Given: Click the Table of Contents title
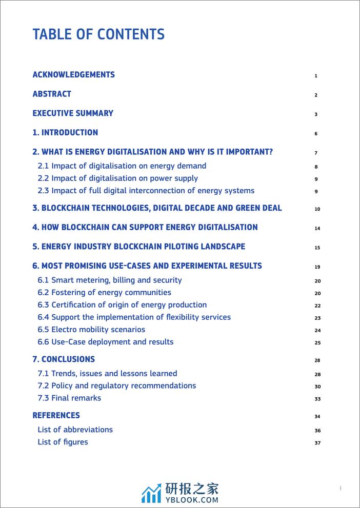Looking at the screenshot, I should pyautogui.click(x=98, y=34).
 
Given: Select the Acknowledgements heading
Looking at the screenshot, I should pyautogui.click(x=73, y=75).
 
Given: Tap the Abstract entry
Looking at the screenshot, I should pyautogui.click(x=52, y=94).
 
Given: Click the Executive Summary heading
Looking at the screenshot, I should pyautogui.click(x=73, y=113).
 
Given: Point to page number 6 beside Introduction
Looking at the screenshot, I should pyautogui.click(x=316, y=134).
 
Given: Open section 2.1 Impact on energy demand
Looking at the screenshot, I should pyautogui.click(x=122, y=166).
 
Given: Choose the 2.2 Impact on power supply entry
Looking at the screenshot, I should pyautogui.click(x=117, y=178).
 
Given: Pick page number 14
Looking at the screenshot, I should pyautogui.click(x=317, y=229).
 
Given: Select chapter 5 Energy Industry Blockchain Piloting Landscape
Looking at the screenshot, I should pyautogui.click(x=138, y=247).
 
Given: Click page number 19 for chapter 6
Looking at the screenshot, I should pyautogui.click(x=317, y=267).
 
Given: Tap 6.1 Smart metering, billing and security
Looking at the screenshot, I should pyautogui.click(x=109, y=280).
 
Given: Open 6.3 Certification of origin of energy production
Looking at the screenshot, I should pyautogui.click(x=122, y=305).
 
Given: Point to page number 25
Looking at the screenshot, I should pyautogui.click(x=317, y=343).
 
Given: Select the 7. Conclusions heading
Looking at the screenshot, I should pyautogui.click(x=64, y=359).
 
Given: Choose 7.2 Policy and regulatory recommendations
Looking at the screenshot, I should pyautogui.click(x=116, y=386).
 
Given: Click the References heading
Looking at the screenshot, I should pyautogui.click(x=56, y=416).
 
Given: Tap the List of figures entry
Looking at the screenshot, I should pyautogui.click(x=63, y=442).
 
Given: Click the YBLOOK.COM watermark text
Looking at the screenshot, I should pyautogui.click(x=191, y=500).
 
